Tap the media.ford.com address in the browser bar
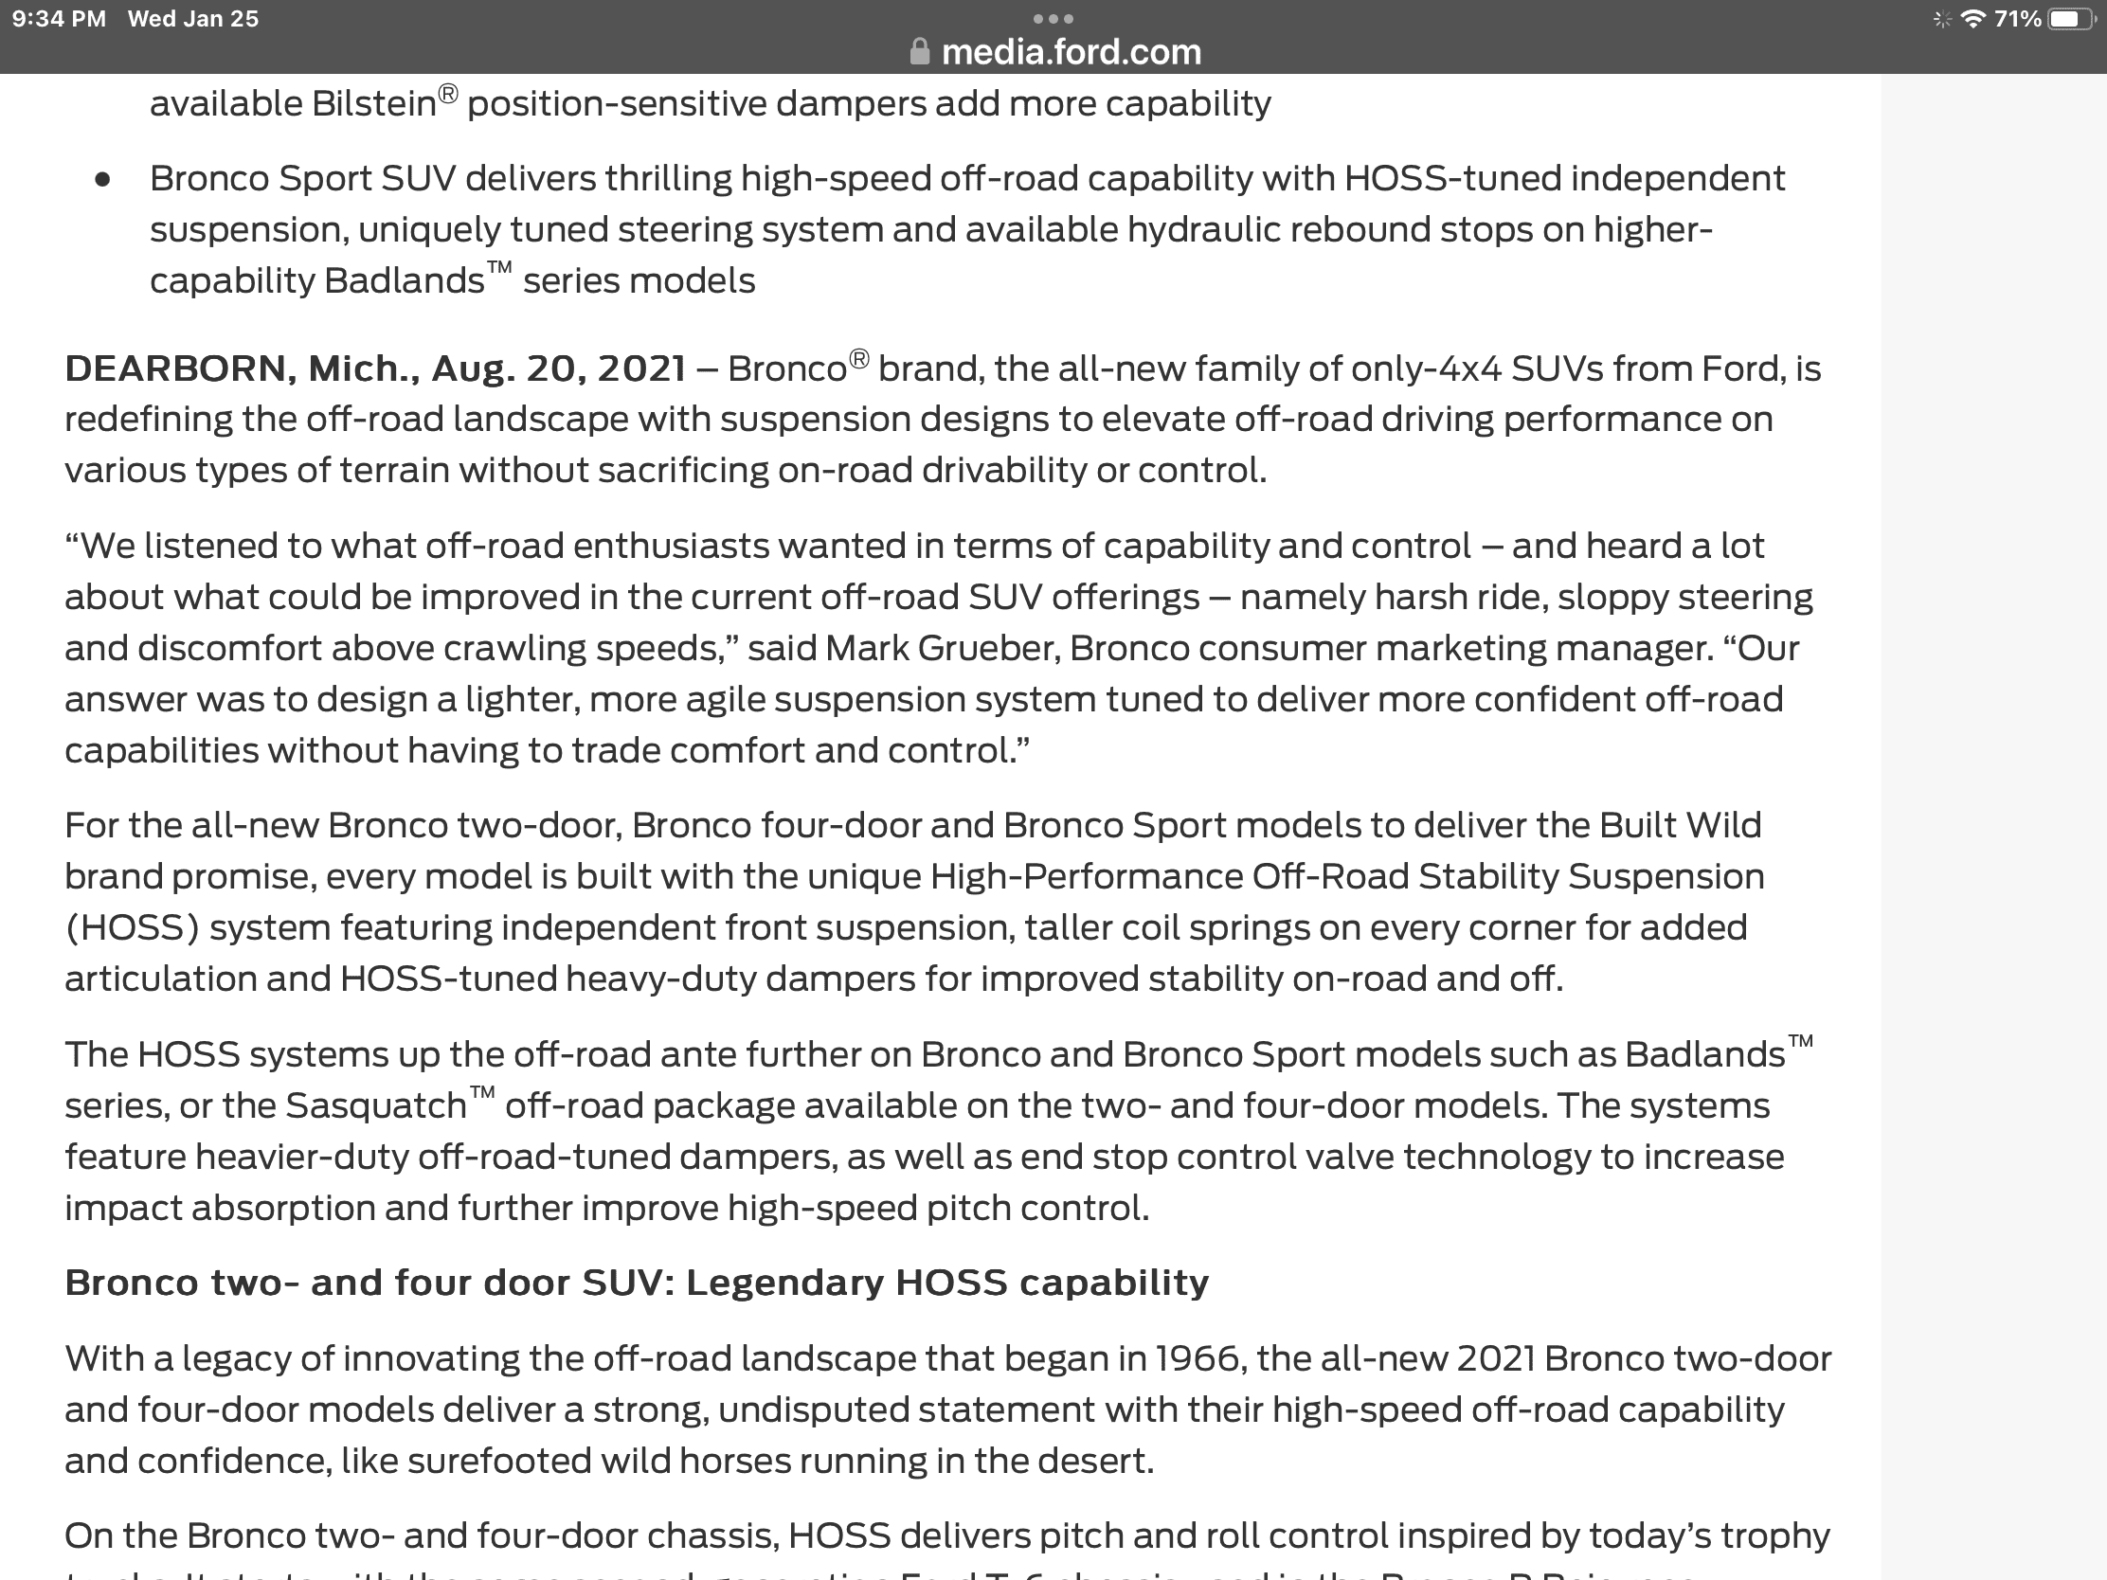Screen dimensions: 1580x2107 pyautogui.click(x=1071, y=51)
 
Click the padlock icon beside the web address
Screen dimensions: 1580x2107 pyautogui.click(x=919, y=51)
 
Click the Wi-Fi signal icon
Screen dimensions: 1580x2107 pyautogui.click(x=1972, y=19)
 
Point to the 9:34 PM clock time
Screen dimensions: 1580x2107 pyautogui.click(x=59, y=19)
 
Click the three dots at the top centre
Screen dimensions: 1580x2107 pyautogui.click(x=1053, y=18)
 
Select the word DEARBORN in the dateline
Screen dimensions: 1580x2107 pyautogui.click(x=175, y=368)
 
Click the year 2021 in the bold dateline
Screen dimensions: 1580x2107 pyautogui.click(x=641, y=368)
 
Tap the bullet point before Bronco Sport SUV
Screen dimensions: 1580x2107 pyautogui.click(x=103, y=180)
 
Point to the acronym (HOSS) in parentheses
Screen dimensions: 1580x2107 pyautogui.click(x=132, y=927)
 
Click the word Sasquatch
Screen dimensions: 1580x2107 pyautogui.click(x=375, y=1105)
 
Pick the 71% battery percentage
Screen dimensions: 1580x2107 pyautogui.click(x=2017, y=19)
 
